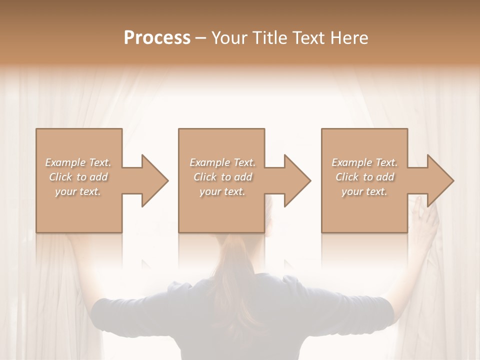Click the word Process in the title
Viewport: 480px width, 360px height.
(157, 38)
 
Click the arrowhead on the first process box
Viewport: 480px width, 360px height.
(155, 180)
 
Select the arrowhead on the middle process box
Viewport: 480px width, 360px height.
(297, 180)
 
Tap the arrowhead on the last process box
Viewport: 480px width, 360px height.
(440, 180)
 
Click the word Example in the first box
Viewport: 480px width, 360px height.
(65, 162)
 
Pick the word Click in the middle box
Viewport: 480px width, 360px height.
(204, 177)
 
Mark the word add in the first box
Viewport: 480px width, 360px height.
(99, 177)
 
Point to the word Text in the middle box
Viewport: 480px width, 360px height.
(244, 162)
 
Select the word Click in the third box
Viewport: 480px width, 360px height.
(346, 177)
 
